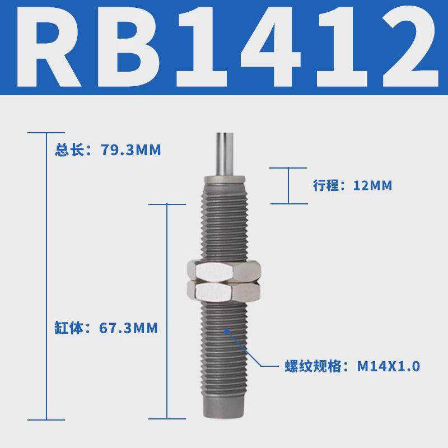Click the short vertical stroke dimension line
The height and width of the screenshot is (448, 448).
[289, 185]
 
